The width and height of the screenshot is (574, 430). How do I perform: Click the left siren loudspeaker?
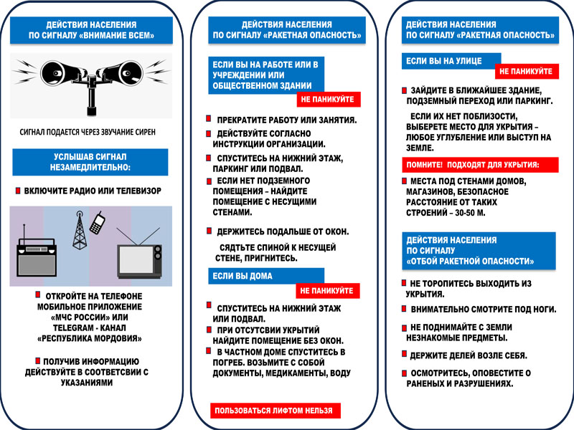click(56, 72)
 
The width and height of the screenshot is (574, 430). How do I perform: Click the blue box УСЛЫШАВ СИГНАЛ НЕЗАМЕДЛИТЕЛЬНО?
click(90, 162)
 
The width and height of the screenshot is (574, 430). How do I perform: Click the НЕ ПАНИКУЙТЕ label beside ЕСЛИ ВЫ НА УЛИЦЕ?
click(526, 72)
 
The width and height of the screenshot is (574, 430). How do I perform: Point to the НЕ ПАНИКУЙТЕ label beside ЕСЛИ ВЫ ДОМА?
click(328, 291)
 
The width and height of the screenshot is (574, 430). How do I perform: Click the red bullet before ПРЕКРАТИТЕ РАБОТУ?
click(209, 118)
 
